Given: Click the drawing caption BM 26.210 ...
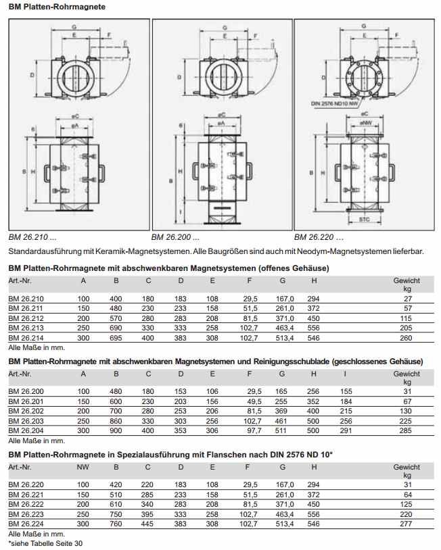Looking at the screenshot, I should [x=32, y=237].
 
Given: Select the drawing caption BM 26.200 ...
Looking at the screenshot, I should [x=175, y=237].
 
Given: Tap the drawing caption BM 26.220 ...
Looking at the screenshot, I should [x=319, y=237].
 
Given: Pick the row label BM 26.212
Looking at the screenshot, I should [x=25, y=318].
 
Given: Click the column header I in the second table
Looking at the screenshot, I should [x=346, y=374].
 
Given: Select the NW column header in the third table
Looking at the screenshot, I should [x=83, y=467].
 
